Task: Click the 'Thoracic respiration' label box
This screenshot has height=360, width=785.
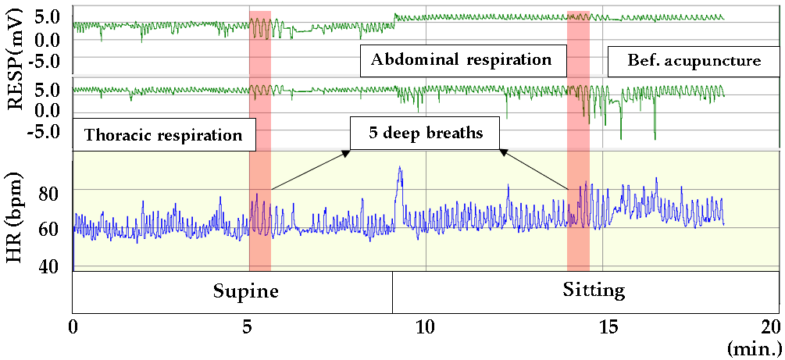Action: pyautogui.click(x=163, y=134)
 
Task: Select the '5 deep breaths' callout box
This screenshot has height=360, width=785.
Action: pyautogui.click(x=426, y=134)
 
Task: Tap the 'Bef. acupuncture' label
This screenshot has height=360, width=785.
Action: pyautogui.click(x=694, y=60)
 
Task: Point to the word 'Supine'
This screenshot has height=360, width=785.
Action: pyautogui.click(x=246, y=291)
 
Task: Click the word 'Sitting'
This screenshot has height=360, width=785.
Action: pyautogui.click(x=594, y=290)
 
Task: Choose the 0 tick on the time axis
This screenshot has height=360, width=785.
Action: pyautogui.click(x=73, y=326)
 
